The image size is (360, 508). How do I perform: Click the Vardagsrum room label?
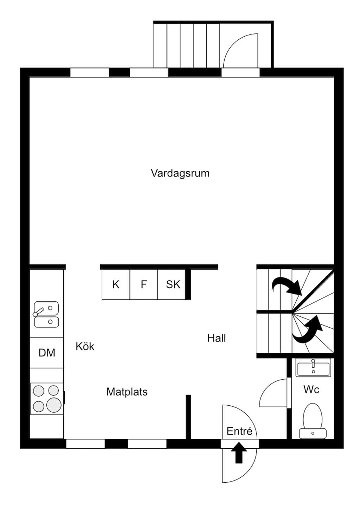click(180, 173)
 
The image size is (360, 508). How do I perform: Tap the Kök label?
click(85, 346)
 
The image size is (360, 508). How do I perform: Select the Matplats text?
click(127, 392)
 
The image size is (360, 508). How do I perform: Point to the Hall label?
click(217, 338)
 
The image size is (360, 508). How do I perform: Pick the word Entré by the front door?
click(239, 431)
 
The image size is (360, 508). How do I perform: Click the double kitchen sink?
click(46, 314)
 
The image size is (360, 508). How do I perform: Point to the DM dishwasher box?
click(47, 353)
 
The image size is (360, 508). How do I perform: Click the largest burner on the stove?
click(54, 405)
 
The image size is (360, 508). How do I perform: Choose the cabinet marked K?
click(116, 284)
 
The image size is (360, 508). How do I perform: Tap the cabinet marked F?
click(143, 284)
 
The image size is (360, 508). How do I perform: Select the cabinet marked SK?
click(172, 284)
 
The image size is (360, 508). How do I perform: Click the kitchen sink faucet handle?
click(38, 311)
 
